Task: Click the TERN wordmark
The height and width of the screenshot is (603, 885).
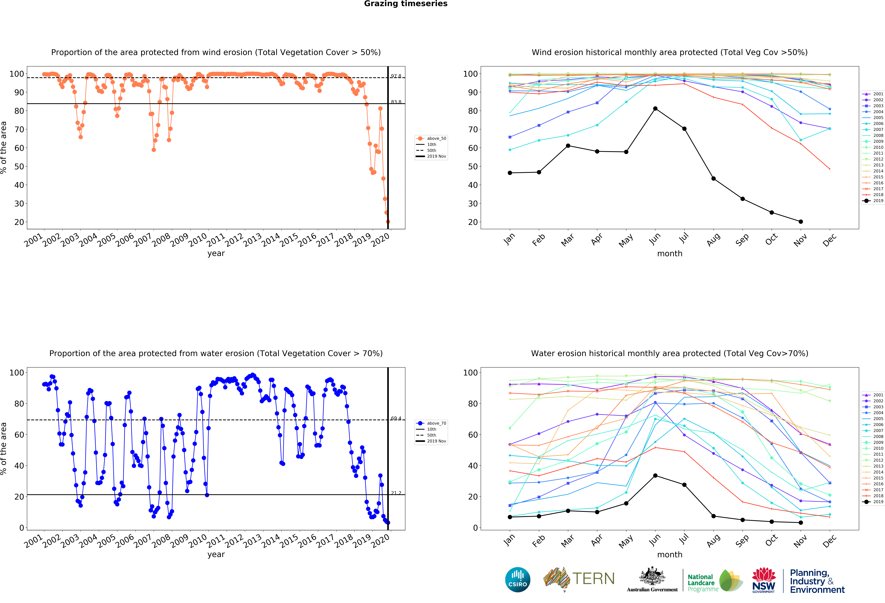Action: coord(593,579)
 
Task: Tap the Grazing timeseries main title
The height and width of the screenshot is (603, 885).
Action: coord(406,4)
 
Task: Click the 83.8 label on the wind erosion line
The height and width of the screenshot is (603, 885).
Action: coord(396,102)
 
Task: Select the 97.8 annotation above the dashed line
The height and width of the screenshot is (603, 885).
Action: coord(396,76)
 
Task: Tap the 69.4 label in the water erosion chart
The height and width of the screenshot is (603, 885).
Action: coord(396,418)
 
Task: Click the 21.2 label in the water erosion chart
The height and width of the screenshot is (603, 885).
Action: coord(396,493)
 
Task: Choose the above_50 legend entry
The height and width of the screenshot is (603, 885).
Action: coord(432,139)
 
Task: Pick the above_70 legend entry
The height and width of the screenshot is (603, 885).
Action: coord(432,423)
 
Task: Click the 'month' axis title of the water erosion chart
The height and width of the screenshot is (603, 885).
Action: coord(670,555)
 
